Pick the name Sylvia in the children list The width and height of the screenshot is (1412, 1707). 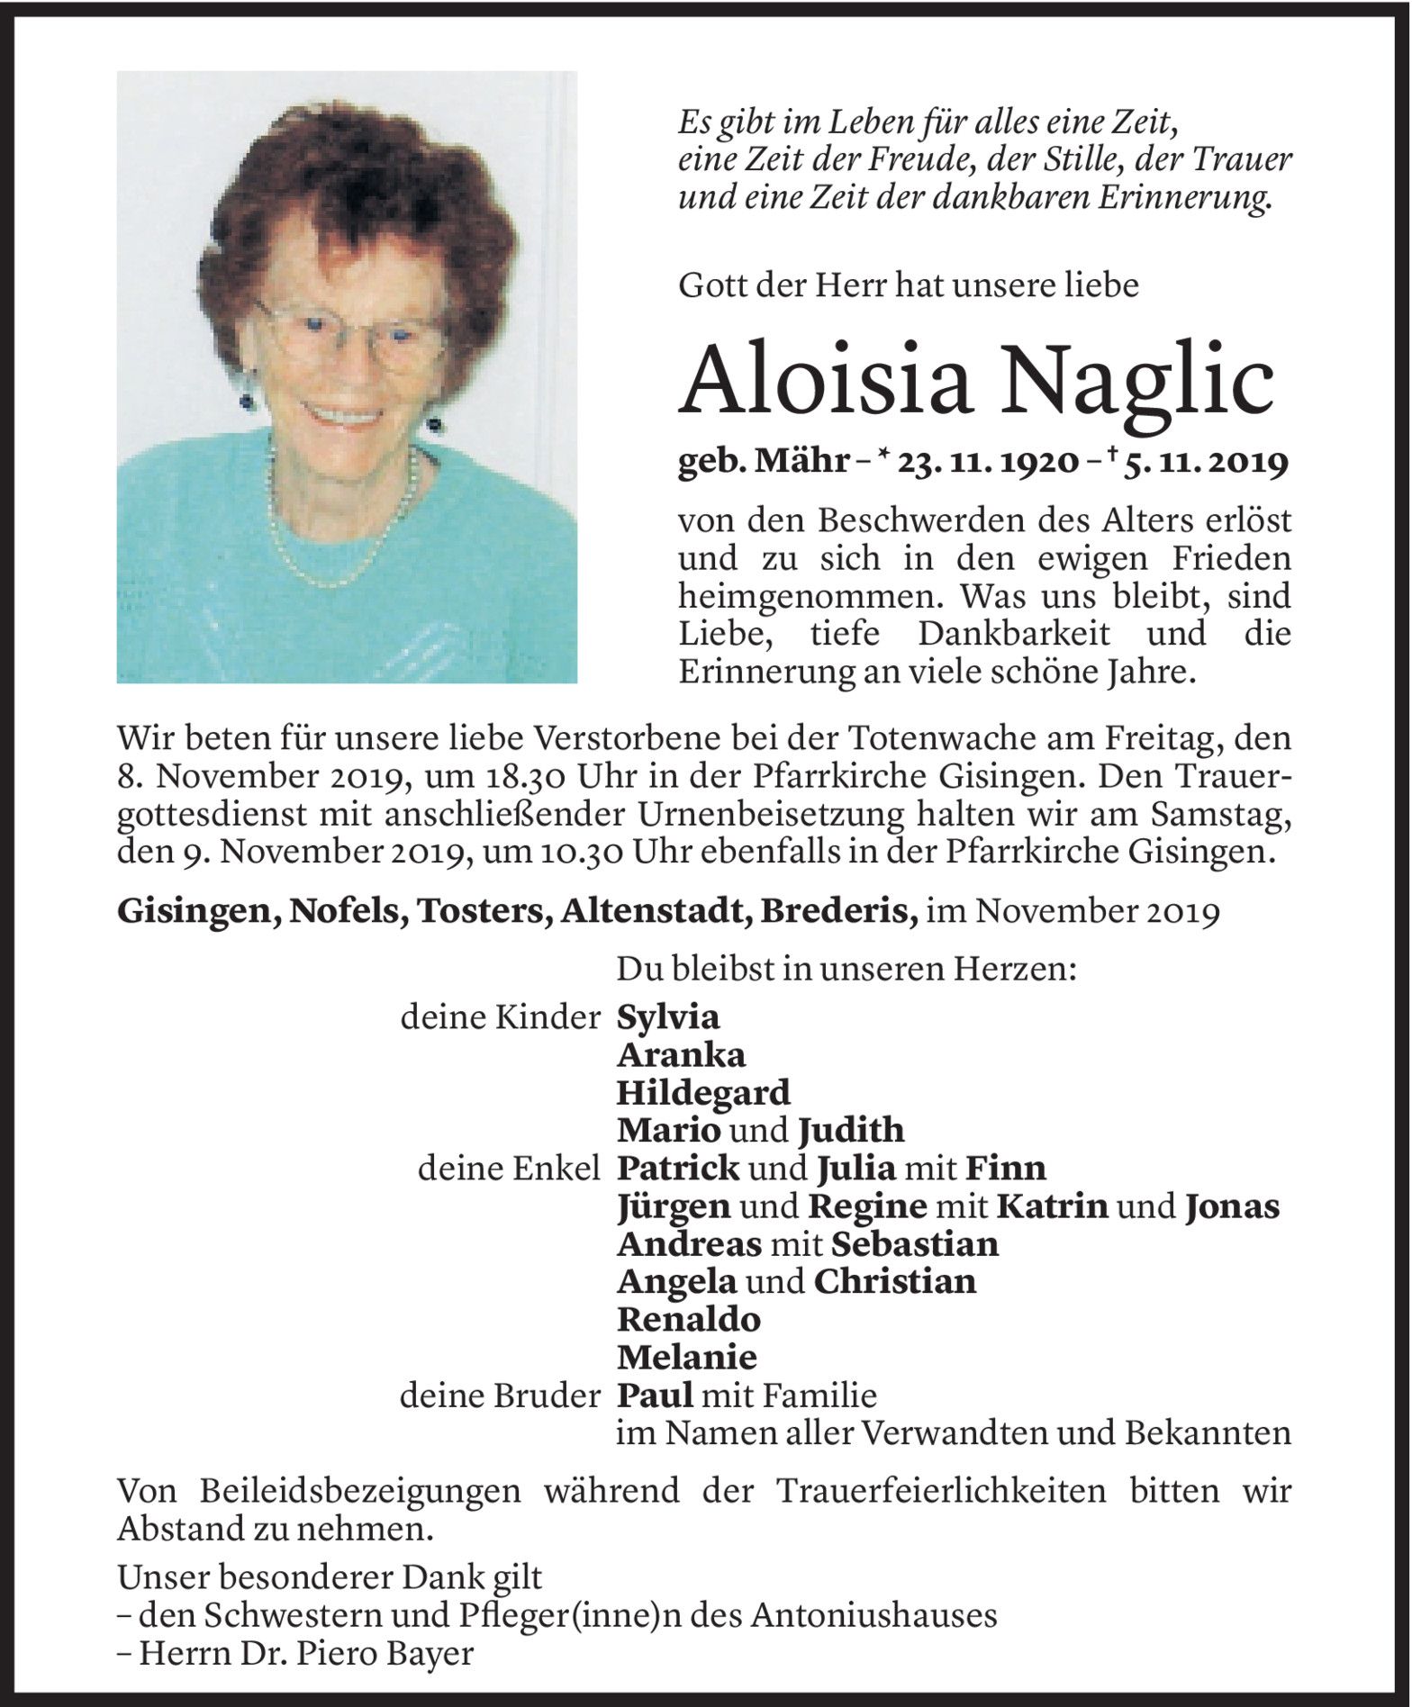tap(667, 1016)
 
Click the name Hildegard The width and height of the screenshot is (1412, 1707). tap(702, 1092)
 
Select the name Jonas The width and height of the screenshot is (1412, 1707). tap(1232, 1206)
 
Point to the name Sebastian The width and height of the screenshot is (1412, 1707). tap(914, 1243)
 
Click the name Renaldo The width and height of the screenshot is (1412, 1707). tap(688, 1319)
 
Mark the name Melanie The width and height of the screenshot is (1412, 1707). tap(685, 1357)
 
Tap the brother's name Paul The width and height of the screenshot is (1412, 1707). tap(655, 1395)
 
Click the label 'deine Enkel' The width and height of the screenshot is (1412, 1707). tap(509, 1168)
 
